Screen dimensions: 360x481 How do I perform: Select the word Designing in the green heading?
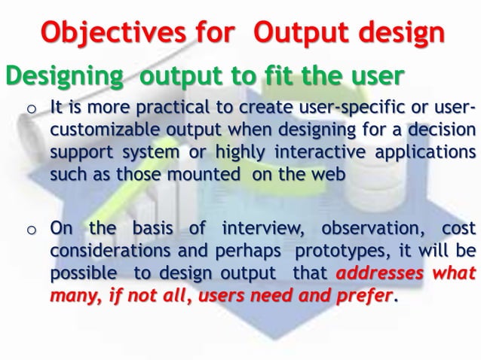click(61, 76)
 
